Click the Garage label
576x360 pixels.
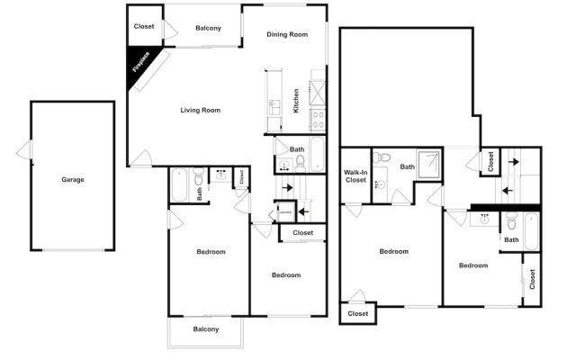pos(73,180)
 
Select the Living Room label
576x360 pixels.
pos(200,111)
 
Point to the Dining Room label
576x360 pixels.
pos(287,34)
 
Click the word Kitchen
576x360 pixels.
pos(296,99)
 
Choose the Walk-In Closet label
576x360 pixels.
pos(355,176)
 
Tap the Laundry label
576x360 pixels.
pos(283,213)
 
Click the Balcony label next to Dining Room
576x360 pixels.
pos(208,28)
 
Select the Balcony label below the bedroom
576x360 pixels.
pos(206,329)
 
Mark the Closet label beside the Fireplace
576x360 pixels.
pos(144,26)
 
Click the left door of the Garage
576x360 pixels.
pos(27,149)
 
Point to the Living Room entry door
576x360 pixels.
pos(139,162)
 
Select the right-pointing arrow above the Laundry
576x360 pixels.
pos(287,187)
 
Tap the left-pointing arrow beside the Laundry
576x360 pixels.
pos(302,212)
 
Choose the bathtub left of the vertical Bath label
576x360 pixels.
pos(179,186)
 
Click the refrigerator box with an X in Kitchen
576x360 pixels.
pos(318,90)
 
